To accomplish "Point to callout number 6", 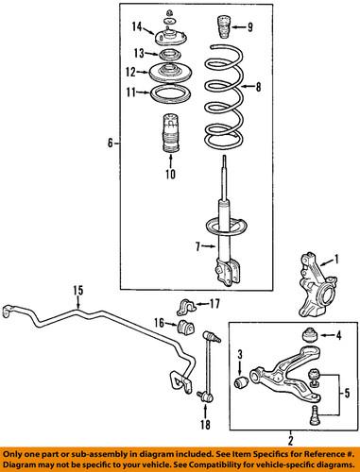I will click(x=110, y=143).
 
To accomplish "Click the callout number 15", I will click(x=77, y=290).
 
